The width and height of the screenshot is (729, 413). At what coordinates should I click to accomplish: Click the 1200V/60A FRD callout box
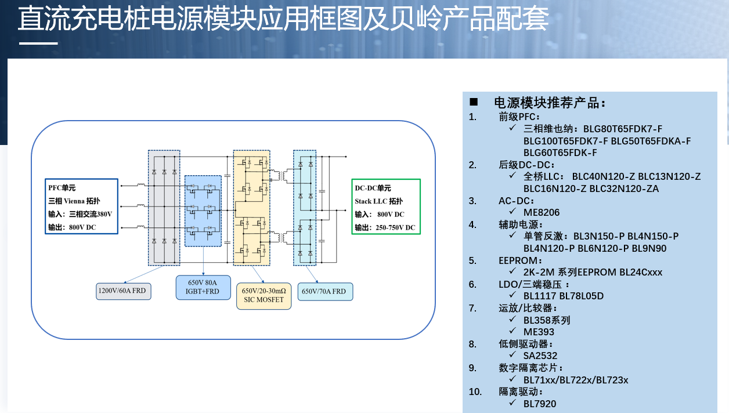[x=124, y=291]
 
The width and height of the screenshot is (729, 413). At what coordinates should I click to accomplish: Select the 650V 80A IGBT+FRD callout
[x=203, y=287]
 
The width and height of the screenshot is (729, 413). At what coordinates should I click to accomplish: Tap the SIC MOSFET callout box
[x=264, y=295]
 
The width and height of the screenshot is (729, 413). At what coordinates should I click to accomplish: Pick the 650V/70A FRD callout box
[x=325, y=292]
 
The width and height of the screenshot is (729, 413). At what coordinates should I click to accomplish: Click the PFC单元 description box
[x=82, y=206]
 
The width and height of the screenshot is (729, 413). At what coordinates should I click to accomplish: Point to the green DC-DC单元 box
[x=386, y=206]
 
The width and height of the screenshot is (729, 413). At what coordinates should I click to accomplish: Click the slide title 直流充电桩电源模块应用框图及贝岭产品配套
[x=283, y=19]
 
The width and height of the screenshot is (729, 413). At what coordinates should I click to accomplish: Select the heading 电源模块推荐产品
[x=549, y=103]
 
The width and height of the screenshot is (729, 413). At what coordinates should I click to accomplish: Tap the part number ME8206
[x=542, y=212]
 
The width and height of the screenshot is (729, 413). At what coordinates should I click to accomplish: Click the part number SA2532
[x=540, y=356]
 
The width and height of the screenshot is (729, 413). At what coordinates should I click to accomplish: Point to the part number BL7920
[x=540, y=404]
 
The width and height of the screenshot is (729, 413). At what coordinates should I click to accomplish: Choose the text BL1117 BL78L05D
[x=564, y=296]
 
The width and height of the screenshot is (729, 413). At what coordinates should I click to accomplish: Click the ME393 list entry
[x=539, y=332]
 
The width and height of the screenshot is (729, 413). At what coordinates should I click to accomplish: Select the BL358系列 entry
[x=547, y=320]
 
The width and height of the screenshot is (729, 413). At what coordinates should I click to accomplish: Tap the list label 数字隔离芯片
[x=530, y=368]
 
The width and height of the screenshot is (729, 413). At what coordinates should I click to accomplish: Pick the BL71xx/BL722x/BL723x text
[x=576, y=380]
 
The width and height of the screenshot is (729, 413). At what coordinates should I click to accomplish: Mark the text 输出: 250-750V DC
[x=385, y=227]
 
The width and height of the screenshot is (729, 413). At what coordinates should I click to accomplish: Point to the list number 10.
[x=475, y=392]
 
